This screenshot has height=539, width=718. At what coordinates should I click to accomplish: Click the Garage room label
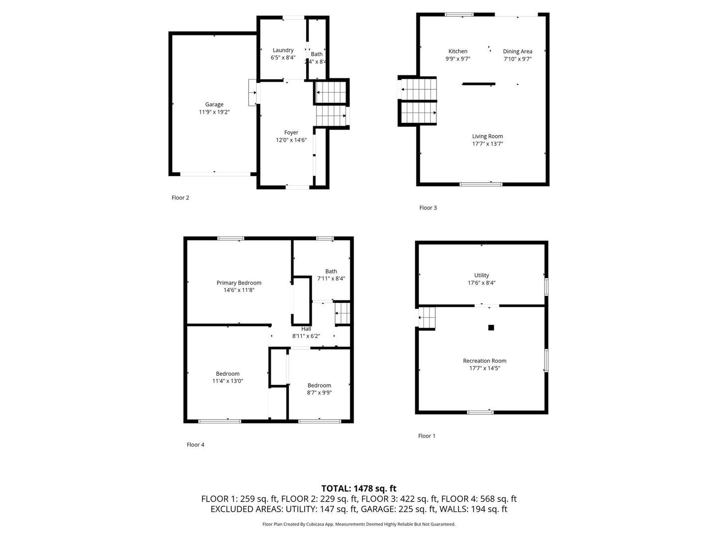point(214,104)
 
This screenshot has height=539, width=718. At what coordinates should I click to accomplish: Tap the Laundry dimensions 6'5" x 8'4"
point(283,57)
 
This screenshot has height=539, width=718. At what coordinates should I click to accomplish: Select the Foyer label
point(291,133)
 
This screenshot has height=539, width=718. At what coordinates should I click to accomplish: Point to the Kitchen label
point(458,51)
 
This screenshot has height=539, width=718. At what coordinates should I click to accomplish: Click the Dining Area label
point(518,51)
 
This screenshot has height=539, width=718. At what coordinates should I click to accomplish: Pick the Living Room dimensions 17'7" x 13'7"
point(487,144)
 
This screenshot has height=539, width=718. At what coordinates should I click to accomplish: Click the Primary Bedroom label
point(239,283)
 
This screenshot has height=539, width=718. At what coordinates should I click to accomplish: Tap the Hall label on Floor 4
point(306,329)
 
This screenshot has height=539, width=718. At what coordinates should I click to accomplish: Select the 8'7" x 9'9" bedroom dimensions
point(319,393)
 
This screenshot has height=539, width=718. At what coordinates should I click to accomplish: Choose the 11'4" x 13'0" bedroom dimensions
point(228,381)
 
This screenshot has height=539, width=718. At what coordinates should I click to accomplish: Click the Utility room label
point(482,275)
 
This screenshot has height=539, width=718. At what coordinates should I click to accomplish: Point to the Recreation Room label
point(485,361)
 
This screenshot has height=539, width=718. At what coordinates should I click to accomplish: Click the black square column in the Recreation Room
point(491,327)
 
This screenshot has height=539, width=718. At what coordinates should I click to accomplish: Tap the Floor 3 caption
point(428,208)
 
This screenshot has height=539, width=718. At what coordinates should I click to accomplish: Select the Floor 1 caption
point(426,436)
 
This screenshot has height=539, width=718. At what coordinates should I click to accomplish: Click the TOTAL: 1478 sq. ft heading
point(359,488)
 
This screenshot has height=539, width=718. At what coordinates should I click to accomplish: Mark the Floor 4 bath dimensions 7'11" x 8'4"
point(331,278)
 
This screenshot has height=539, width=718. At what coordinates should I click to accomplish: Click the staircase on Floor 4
point(343,313)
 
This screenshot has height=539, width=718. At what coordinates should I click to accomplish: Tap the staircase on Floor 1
point(427,317)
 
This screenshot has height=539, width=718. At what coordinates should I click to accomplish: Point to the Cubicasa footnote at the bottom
point(359,524)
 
